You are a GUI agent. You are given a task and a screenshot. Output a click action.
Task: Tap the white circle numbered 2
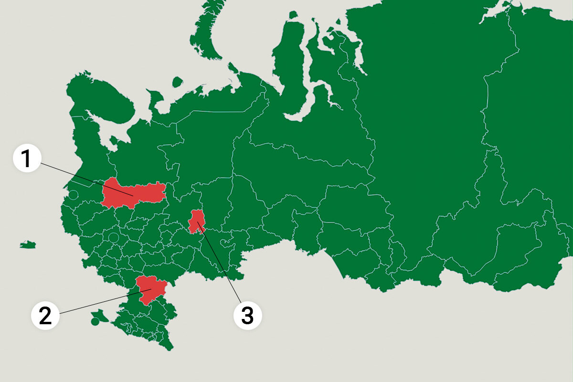click(45, 316)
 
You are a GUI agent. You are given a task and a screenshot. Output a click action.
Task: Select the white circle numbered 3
click(247, 316)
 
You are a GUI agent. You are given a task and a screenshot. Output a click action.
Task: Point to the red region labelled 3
click(195, 221)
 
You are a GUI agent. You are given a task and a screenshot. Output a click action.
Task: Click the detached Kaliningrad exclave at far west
click(28, 245)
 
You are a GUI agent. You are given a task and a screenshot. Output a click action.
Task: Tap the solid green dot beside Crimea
click(95, 322)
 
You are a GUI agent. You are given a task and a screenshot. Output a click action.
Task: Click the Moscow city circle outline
click(113, 237)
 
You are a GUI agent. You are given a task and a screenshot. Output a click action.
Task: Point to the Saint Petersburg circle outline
click(73, 195)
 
